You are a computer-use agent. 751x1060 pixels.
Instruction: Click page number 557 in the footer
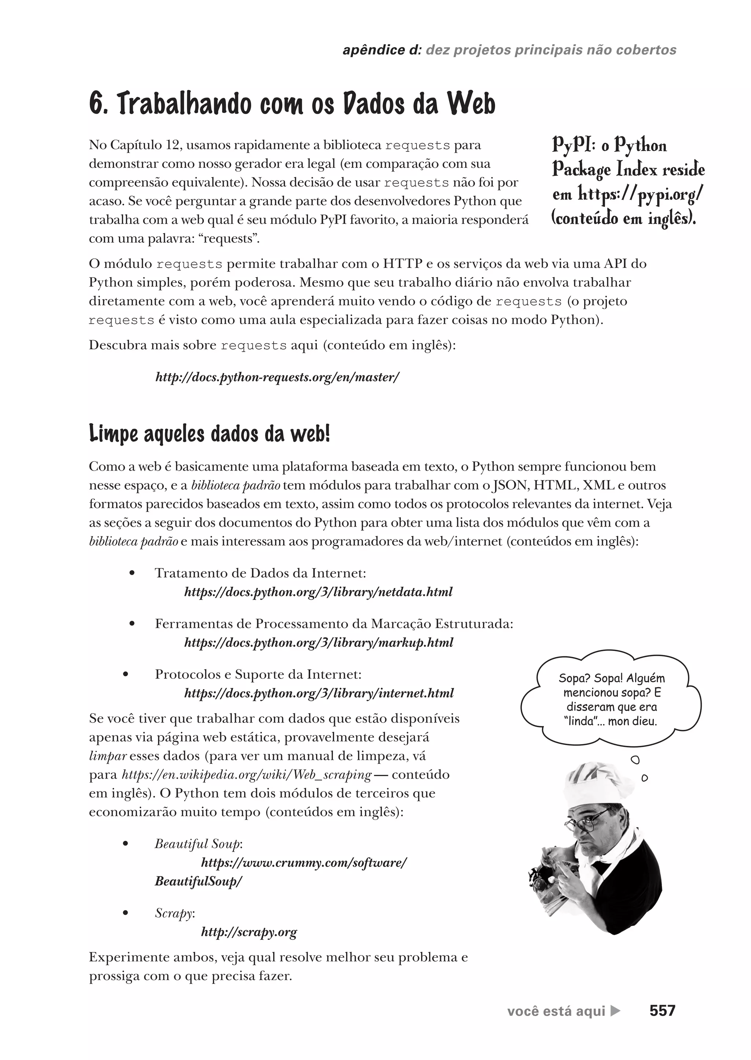pyautogui.click(x=662, y=1011)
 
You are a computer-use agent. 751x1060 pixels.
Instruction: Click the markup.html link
pyautogui.click(x=319, y=642)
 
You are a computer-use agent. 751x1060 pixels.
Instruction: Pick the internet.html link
pyautogui.click(x=319, y=693)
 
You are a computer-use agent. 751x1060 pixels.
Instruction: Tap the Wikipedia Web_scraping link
pyautogui.click(x=246, y=774)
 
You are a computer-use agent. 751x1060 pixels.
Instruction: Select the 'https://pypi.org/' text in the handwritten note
pyautogui.click(x=641, y=194)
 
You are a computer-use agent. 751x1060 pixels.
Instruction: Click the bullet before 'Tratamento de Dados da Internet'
pyautogui.click(x=132, y=573)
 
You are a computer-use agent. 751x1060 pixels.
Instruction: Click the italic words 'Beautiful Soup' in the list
pyautogui.click(x=197, y=844)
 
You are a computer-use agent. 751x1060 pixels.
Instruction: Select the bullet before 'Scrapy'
pyautogui.click(x=125, y=913)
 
